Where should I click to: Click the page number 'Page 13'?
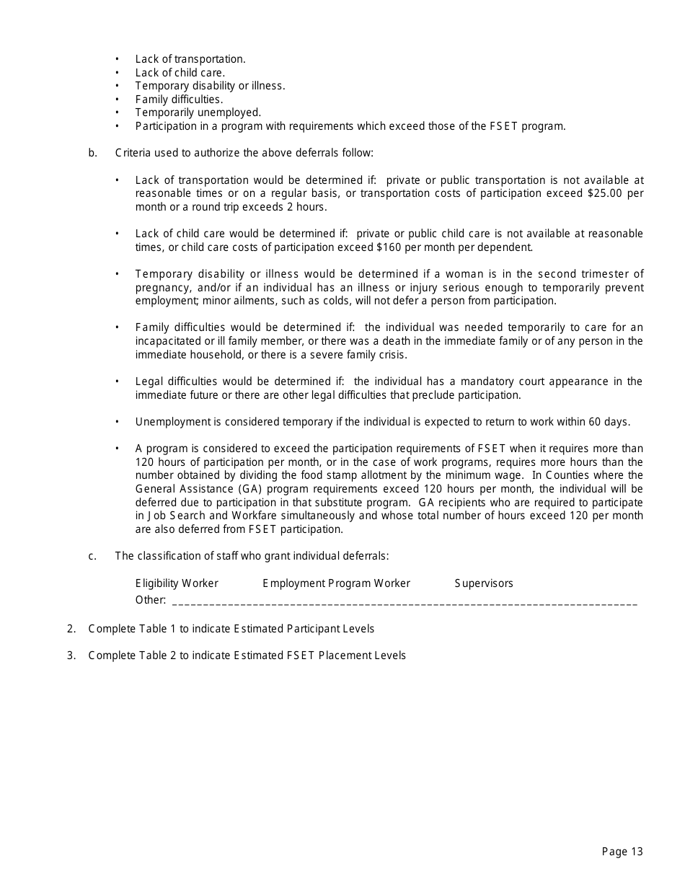point(622,852)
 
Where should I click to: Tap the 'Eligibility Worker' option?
point(177,583)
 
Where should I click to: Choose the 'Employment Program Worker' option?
point(336,583)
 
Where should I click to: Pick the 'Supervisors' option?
point(484,583)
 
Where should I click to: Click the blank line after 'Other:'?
point(404,601)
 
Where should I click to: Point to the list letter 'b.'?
point(93,153)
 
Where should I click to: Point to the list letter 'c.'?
point(92,556)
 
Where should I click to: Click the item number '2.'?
point(71,629)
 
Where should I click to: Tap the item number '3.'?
point(71,656)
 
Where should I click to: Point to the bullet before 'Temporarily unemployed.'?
point(118,112)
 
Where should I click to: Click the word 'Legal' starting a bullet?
point(149,381)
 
